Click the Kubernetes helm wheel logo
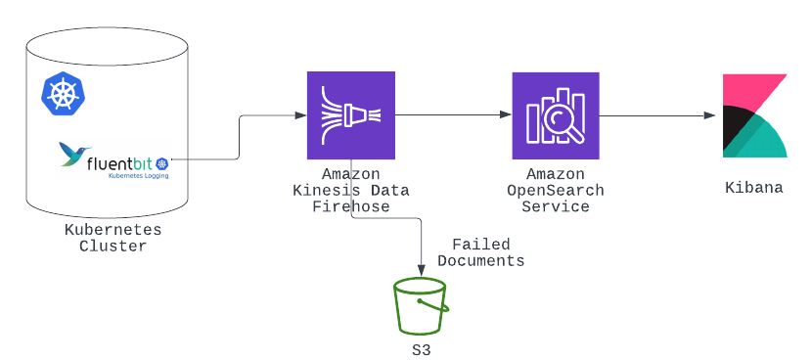pos(64,93)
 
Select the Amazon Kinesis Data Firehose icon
pos(351,115)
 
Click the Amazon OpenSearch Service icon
pos(556,115)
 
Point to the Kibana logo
pos(754,115)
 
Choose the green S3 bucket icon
pos(421,307)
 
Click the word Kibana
pos(754,187)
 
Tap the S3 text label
pos(422,349)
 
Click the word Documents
pos(481,260)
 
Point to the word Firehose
pos(351,206)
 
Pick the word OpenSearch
pos(556,191)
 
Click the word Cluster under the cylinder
pos(113,246)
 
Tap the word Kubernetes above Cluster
pos(113,229)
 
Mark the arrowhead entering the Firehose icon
pos(301,115)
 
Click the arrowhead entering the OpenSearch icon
pos(506,114)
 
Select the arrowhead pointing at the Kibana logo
pos(709,115)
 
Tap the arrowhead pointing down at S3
pos(422,270)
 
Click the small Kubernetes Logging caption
pos(138,176)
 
